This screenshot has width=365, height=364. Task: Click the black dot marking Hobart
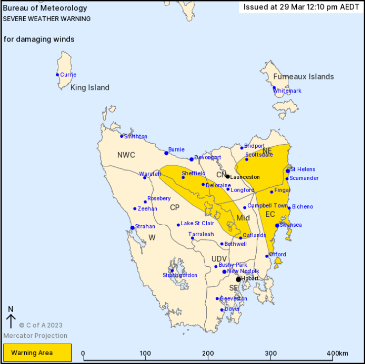(238, 279)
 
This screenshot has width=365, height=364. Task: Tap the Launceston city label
(245, 177)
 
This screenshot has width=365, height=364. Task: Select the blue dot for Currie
(57, 75)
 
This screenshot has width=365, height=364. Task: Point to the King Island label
(90, 87)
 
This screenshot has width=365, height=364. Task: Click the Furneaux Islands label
(303, 77)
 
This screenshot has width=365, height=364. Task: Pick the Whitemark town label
(287, 91)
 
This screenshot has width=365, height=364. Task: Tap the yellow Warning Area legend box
(37, 353)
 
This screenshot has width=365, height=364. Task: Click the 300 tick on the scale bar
(271, 354)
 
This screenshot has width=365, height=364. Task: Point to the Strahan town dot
(132, 228)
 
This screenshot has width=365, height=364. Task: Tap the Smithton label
(136, 136)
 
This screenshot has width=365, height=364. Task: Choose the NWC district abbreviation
(126, 155)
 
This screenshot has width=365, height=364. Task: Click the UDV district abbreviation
(219, 259)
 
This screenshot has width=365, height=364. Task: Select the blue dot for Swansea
(277, 225)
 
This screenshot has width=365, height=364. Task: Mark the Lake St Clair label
(197, 224)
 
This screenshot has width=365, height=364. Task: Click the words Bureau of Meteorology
(45, 8)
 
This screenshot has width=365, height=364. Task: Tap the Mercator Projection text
(35, 336)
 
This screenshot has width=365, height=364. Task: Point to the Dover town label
(232, 309)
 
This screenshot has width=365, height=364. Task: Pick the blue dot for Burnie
(166, 153)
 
